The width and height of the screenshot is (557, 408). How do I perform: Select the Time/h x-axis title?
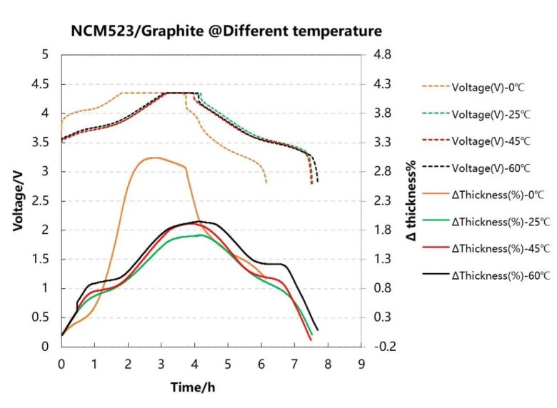coord(193,387)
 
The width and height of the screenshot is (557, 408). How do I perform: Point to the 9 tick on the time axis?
coord(361,364)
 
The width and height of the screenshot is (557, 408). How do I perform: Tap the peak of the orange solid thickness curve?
coord(153,158)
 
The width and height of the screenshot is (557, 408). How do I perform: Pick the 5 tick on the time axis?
coord(228,364)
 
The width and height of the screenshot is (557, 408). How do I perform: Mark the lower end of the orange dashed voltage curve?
coord(266,183)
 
